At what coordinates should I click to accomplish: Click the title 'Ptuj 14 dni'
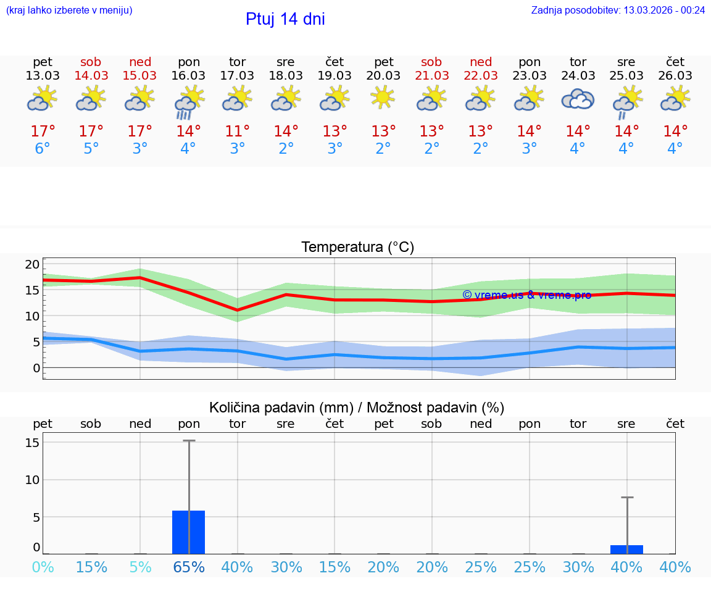point(285,19)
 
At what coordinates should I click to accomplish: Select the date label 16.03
point(189,75)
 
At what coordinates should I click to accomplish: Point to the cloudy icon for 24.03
point(578,99)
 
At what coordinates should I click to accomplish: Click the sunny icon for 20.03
point(383,97)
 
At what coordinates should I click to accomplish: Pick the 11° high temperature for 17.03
point(237,131)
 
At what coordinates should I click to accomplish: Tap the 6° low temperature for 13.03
point(43,149)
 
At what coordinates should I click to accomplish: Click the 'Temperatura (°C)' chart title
point(357,248)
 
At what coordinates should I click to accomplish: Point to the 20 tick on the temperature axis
point(32,264)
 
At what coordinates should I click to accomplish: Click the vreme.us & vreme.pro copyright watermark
point(526,295)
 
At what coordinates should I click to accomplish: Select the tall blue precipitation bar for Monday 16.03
point(188,532)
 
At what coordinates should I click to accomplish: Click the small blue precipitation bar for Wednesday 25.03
point(626,550)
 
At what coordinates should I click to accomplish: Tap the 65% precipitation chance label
point(189,567)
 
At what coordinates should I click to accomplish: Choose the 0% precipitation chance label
point(43,567)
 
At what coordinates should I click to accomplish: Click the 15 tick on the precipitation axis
point(32,443)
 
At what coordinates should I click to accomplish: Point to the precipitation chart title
point(357,408)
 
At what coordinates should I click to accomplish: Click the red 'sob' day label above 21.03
point(431,62)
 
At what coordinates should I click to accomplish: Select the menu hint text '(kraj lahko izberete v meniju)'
point(69,10)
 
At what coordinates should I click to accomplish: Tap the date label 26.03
point(675,75)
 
